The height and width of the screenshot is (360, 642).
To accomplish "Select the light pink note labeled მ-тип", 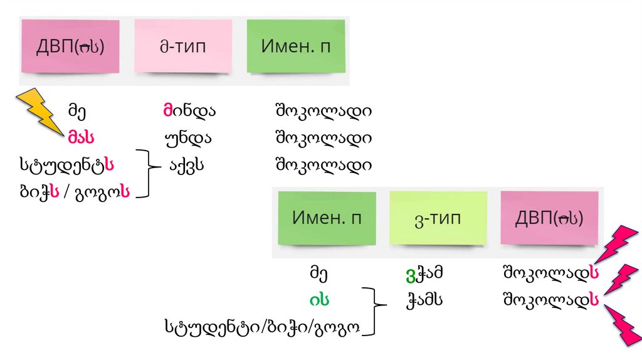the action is coord(182,46).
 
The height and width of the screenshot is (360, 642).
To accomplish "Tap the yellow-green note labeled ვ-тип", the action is coord(438,218).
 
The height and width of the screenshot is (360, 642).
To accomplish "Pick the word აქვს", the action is coord(187,165).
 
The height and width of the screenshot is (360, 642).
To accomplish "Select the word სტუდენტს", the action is coord(66,165).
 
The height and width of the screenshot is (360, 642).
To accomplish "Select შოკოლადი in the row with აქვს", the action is coord(323,165).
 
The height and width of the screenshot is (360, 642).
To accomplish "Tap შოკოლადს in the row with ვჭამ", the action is coord(549,273).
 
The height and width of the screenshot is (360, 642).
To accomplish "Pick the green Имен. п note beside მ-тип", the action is coord(295,46).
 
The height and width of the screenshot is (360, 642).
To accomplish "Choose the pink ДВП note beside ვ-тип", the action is coord(549,218).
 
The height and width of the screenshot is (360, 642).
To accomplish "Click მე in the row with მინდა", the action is coord(77,112).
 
